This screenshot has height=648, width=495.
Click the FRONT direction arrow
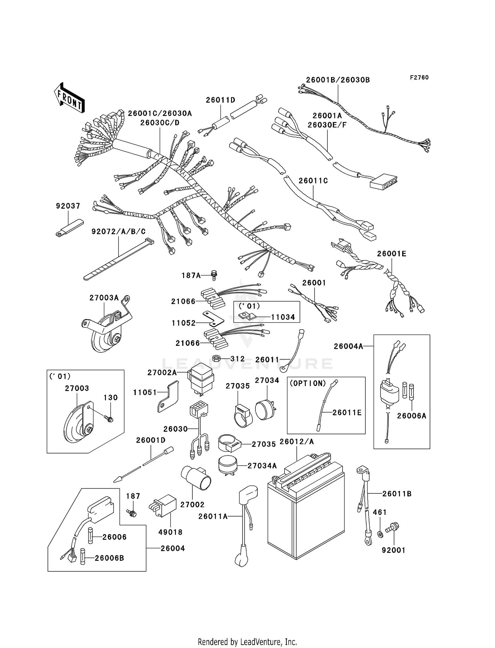(70, 98)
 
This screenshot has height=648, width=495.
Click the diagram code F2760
(419, 78)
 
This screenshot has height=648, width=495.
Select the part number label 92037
(68, 206)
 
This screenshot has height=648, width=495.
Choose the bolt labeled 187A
(214, 275)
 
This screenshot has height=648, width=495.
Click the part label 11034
(283, 317)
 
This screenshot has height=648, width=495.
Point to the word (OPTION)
(308, 383)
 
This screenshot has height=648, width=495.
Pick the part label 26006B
(109, 558)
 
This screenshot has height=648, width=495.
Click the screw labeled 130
(109, 419)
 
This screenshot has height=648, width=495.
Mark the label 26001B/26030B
(338, 80)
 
